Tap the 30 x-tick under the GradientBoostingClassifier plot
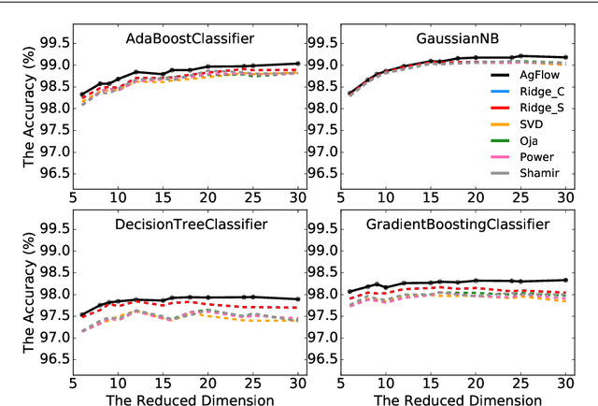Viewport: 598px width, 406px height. click(x=565, y=383)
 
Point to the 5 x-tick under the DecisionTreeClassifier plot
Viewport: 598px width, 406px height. click(x=73, y=383)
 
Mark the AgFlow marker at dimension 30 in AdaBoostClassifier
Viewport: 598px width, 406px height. click(x=297, y=64)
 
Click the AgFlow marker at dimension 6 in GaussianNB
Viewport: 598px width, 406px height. click(x=350, y=94)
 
